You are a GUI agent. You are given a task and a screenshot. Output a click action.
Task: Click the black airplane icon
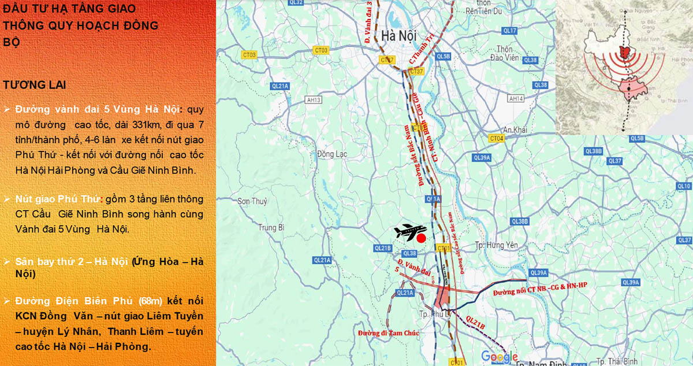[x=410, y=231]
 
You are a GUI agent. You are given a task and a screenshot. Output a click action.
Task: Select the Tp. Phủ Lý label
[x=434, y=313]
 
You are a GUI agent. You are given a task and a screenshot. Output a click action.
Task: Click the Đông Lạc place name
[x=331, y=154]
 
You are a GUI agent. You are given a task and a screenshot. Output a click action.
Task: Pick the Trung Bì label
[x=271, y=227]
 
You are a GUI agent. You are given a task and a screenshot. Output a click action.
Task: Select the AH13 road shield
[x=314, y=100]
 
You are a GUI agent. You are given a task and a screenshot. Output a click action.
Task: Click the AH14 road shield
[x=515, y=99]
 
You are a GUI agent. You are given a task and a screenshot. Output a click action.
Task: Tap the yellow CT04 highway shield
[x=496, y=138]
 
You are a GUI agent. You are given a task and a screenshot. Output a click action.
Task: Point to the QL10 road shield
[x=684, y=186]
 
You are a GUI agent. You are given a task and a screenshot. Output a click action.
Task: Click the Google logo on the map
[x=499, y=356]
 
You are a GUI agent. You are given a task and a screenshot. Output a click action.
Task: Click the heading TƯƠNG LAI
[x=34, y=85]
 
